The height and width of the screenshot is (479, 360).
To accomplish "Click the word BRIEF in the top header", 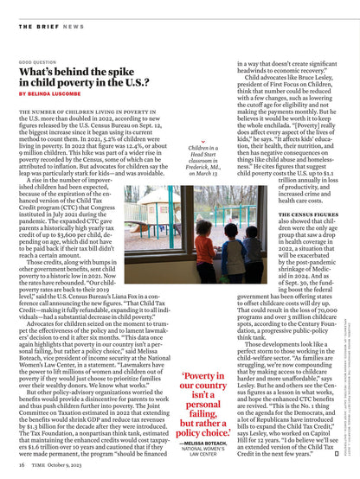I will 47,26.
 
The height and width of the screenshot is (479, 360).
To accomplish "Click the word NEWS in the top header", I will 74,26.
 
